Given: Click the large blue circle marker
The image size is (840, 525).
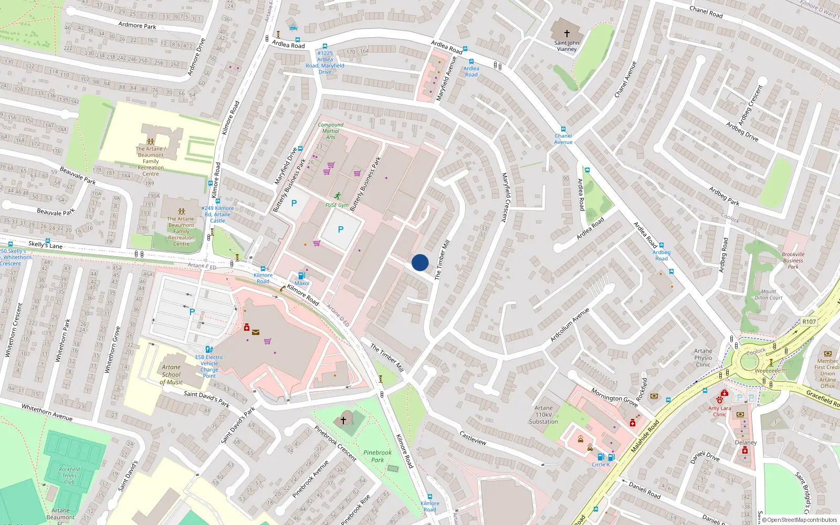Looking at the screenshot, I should (x=420, y=262).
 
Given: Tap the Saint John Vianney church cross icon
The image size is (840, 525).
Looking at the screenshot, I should (x=566, y=33).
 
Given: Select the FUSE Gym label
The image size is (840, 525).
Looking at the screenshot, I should (x=337, y=205).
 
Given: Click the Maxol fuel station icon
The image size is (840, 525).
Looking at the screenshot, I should (x=301, y=276).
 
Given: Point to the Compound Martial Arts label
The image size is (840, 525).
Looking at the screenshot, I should (x=330, y=131).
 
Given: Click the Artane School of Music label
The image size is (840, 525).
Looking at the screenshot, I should (x=171, y=375).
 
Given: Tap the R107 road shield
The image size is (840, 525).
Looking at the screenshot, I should (x=809, y=322).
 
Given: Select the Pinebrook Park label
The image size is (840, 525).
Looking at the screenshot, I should (x=377, y=456).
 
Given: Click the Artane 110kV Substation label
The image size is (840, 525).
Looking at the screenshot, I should (x=543, y=415).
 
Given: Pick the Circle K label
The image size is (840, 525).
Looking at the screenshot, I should (x=601, y=465).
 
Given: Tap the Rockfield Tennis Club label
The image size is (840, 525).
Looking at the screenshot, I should (x=69, y=476).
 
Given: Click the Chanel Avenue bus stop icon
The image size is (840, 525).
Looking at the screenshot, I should (x=563, y=129).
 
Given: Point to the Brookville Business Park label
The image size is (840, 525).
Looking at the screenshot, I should (x=793, y=260).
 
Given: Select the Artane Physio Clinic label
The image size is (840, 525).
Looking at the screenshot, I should (x=703, y=358).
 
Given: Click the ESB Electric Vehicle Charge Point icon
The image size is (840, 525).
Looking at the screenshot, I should (x=209, y=349).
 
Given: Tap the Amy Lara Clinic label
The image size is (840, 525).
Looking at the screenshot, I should (x=719, y=411).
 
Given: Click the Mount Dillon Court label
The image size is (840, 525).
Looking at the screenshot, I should (x=769, y=295).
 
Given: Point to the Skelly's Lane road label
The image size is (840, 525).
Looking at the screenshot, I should (x=45, y=245).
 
